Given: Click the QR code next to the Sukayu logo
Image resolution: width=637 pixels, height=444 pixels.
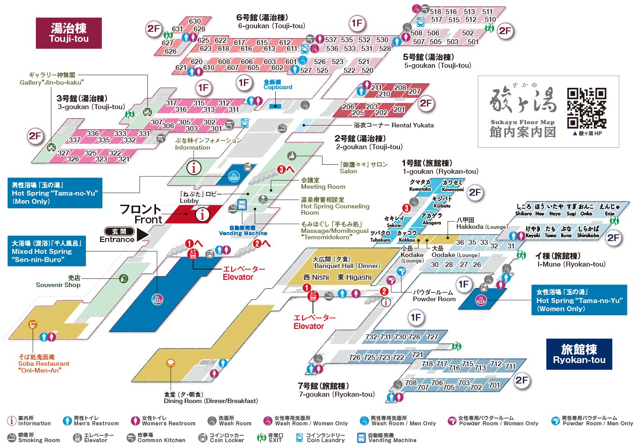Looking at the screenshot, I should click(586, 108).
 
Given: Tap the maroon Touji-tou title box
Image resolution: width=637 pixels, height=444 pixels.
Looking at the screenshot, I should click(69, 33).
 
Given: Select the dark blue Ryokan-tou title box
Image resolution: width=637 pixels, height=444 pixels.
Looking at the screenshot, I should click(579, 354).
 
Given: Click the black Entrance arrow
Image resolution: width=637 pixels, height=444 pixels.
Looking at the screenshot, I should click(142, 234).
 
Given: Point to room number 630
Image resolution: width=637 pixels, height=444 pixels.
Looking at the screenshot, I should click(195, 21).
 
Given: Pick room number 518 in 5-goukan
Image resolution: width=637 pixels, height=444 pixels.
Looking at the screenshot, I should click(435, 12).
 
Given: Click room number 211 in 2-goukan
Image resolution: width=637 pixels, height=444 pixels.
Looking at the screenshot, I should click(376, 87).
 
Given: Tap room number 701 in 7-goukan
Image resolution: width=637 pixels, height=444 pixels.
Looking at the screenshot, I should click(494, 385).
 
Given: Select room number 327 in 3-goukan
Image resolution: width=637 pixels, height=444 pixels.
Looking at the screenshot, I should click(63, 153).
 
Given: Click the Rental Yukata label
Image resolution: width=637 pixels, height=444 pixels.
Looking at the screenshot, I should click(394, 125).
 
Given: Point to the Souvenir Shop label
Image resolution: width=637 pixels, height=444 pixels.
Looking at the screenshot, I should click(58, 282).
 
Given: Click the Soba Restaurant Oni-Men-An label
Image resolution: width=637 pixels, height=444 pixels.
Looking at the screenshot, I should click(44, 363).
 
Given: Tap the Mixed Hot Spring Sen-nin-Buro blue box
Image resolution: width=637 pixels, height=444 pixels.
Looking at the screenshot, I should click(46, 251).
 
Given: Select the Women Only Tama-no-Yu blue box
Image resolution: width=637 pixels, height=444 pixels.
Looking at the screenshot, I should click(579, 300).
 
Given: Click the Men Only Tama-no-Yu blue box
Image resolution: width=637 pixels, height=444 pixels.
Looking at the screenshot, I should click(55, 193).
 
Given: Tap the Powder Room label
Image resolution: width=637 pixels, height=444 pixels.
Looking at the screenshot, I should click(434, 296).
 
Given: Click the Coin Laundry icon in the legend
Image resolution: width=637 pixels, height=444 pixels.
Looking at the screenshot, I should click(299, 438).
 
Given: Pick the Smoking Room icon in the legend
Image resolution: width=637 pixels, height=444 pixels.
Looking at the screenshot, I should click(11, 438).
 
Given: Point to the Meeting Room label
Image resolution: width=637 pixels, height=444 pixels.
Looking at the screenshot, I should click(323, 183).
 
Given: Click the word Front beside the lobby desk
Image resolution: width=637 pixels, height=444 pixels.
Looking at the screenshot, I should click(148, 220).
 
